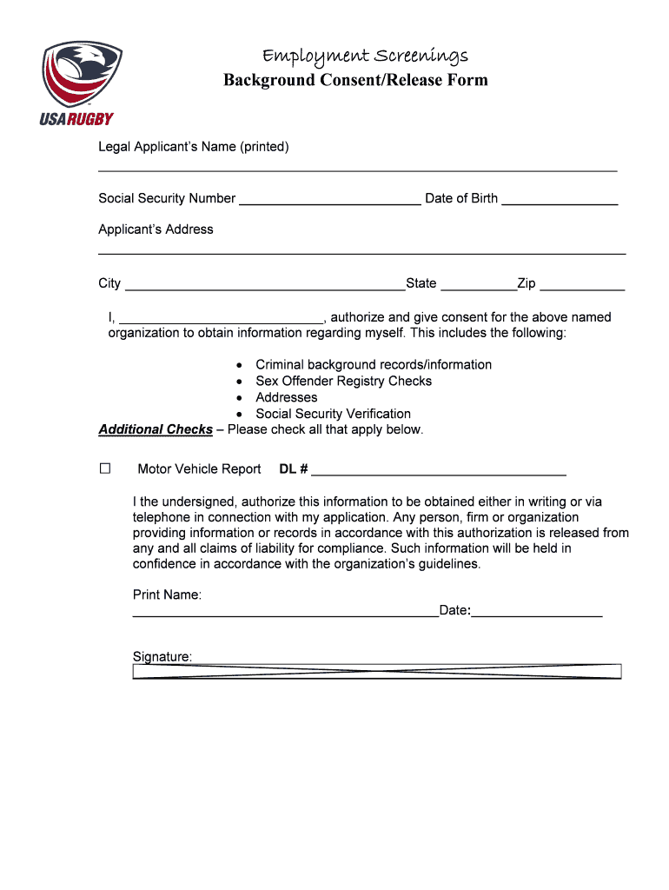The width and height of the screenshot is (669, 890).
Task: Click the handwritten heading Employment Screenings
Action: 365,56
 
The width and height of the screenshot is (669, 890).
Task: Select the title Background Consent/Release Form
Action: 355,81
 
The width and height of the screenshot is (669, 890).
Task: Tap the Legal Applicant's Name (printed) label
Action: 193,147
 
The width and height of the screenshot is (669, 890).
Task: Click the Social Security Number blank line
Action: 329,203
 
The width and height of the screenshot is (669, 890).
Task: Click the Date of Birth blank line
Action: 560,203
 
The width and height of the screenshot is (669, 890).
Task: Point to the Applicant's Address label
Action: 156,229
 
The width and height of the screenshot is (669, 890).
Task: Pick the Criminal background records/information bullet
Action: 373,365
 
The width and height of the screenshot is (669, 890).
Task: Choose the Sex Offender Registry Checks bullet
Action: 343,382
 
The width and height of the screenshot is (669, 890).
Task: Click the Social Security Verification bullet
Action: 333,414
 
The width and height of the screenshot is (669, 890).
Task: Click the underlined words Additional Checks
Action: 156,430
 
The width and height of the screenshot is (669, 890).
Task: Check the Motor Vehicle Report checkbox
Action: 105,468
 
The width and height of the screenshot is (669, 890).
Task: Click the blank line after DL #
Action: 439,474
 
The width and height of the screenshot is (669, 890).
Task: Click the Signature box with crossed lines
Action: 376,671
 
